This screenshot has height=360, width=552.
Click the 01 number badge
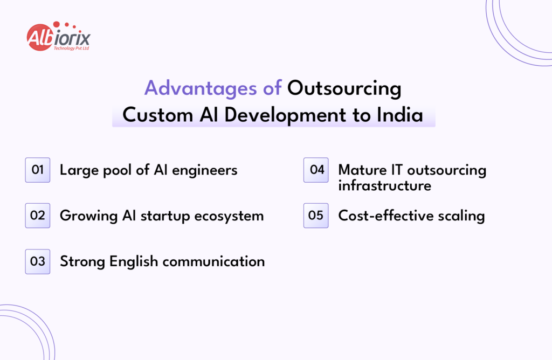click(38, 170)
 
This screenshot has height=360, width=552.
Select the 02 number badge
click(38, 216)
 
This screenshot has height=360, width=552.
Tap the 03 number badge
click(38, 261)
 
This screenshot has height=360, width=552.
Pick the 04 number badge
click(316, 170)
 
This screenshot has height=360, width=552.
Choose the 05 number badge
click(316, 216)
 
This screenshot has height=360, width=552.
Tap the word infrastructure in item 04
click(384, 186)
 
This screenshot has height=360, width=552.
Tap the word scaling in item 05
click(463, 216)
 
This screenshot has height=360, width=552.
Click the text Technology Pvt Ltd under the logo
click(71, 48)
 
